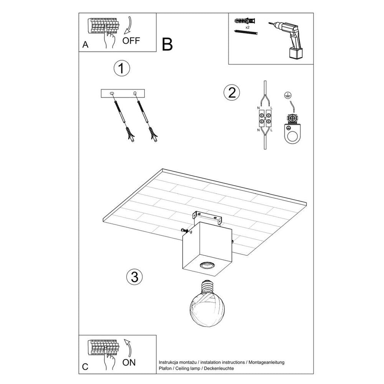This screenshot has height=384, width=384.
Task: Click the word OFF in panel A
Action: (x=132, y=41)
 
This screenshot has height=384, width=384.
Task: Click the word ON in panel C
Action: (x=129, y=362)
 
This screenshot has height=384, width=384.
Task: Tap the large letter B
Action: (x=167, y=45)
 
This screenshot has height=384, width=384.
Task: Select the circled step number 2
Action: (x=231, y=93)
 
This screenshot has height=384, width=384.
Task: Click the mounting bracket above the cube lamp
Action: (x=208, y=217)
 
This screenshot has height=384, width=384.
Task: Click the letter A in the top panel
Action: (x=85, y=45)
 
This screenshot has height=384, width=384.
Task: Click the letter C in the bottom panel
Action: (x=85, y=367)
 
